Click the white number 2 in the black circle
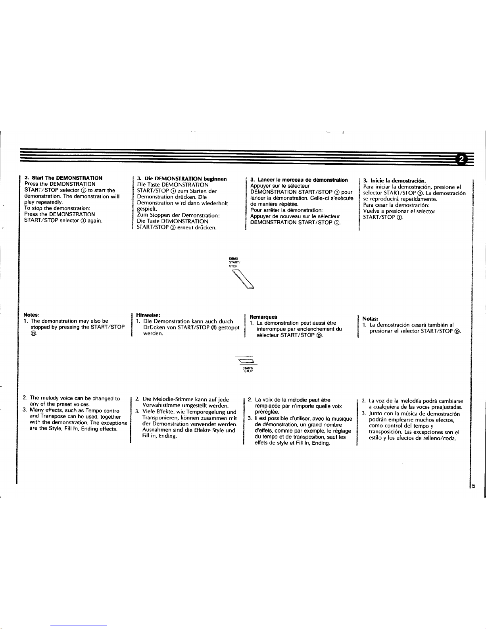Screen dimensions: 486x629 (461, 159)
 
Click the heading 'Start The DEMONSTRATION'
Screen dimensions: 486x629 (67, 178)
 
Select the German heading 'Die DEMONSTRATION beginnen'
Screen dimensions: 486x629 (185, 179)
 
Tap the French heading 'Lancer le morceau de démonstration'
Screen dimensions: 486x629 (303, 180)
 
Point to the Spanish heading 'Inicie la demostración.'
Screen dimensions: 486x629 (398, 181)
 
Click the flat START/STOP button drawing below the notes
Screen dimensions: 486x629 (246, 360)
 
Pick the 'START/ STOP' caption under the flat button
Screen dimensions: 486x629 (248, 369)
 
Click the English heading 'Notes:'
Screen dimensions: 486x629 (31, 315)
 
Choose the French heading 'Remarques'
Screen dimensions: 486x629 (263, 317)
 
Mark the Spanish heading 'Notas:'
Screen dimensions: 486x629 (370, 319)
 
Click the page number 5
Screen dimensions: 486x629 (474, 486)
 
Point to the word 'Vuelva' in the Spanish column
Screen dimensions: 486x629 (371, 211)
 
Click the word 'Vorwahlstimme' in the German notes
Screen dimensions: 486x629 (162, 406)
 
